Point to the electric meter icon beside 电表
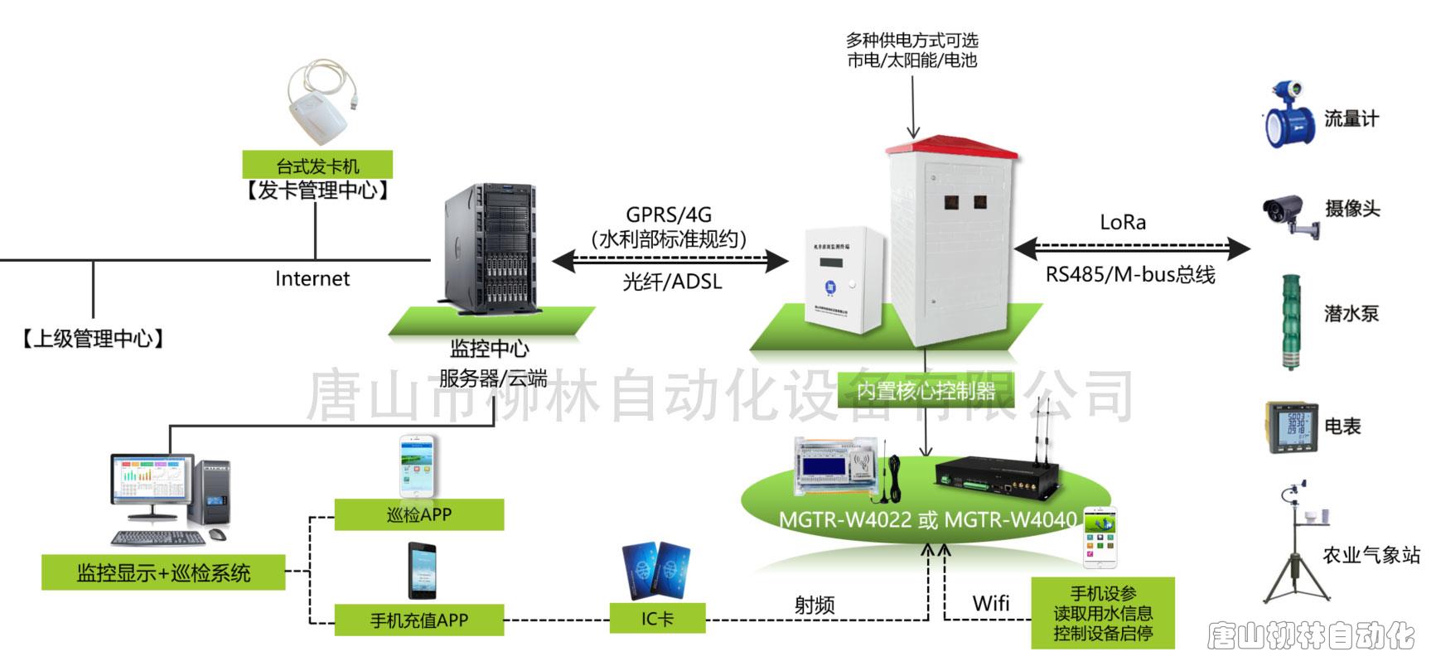tap(1291, 427)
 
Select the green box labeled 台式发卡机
tap(317, 165)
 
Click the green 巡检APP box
tap(418, 514)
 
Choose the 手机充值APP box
tap(418, 620)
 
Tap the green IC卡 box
tap(657, 619)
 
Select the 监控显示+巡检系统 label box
tap(163, 572)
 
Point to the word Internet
tap(312, 279)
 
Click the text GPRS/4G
tap(669, 215)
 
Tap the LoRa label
tap(1123, 222)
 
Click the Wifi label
tap(991, 603)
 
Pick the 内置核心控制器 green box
tap(926, 390)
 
